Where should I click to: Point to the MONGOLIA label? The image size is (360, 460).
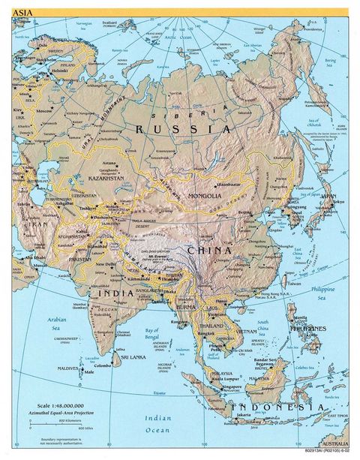tap(197, 195)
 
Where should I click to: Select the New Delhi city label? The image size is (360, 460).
tap(105, 264)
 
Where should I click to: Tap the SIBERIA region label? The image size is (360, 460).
tap(188, 113)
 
